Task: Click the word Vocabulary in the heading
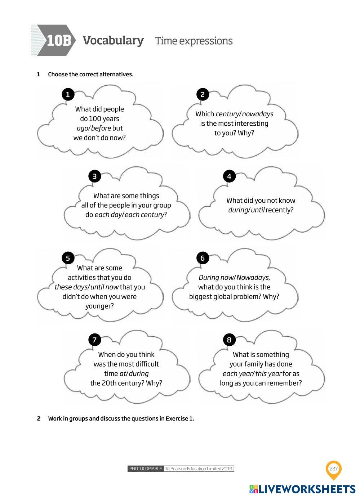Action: coord(113,40)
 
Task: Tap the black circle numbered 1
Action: coord(68,94)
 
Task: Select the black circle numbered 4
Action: coord(229,176)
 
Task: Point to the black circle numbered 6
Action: coord(203,258)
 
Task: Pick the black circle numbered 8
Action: coord(229,340)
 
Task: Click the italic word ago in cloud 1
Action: coord(82,128)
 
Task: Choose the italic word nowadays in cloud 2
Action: coord(258,114)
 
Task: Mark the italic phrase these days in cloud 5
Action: coord(71,287)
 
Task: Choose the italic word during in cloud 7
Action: coord(139,374)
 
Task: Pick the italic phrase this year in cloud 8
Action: coord(268,374)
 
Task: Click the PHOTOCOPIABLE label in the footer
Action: coord(146,468)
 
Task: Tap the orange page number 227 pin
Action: coord(333,469)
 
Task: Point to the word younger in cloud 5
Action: coord(99,306)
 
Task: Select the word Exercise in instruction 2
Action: coord(177,418)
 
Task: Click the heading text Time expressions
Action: coord(194,41)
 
